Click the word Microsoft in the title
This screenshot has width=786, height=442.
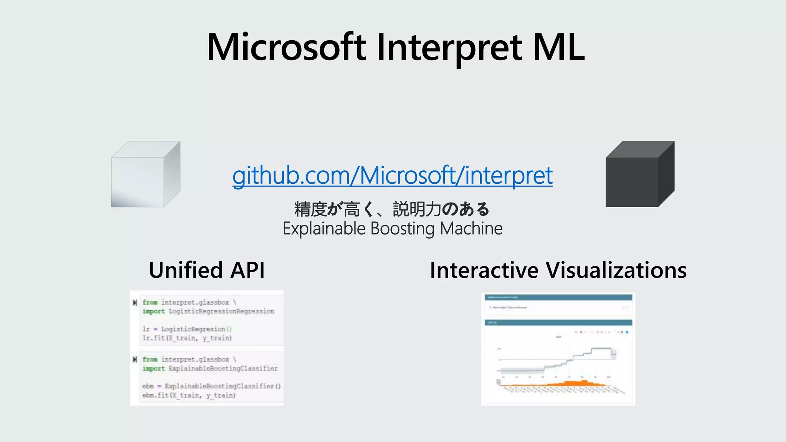click(x=286, y=47)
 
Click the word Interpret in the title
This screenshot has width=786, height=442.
click(x=449, y=47)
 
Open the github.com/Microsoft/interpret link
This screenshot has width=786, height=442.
click(x=392, y=175)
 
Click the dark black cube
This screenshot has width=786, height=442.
click(x=639, y=175)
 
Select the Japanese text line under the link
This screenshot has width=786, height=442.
click(x=392, y=209)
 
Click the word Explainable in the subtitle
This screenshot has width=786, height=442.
click(x=324, y=229)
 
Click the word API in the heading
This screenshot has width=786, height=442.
click(x=248, y=270)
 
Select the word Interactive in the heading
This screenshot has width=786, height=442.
click(x=484, y=270)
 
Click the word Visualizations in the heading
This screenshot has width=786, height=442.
click(x=616, y=270)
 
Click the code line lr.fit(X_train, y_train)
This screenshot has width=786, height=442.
click(x=187, y=338)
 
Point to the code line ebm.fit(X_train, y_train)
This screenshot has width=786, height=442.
click(x=189, y=395)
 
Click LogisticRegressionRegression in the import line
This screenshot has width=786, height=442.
click(x=221, y=311)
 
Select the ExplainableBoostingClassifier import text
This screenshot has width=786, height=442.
click(x=223, y=368)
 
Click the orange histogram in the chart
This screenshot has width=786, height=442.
click(x=576, y=383)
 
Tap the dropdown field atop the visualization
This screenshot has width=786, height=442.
click(x=558, y=307)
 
